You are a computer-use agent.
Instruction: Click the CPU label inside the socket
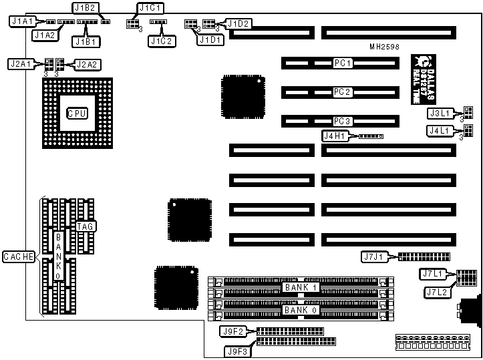click(x=77, y=113)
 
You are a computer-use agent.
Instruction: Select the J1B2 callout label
click(x=86, y=8)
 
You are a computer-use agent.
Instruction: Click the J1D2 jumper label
click(x=238, y=23)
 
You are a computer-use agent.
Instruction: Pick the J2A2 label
click(x=88, y=64)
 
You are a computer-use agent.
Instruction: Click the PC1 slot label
click(x=343, y=63)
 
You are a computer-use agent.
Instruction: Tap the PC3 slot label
click(x=343, y=122)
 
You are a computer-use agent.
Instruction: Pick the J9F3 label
click(x=237, y=349)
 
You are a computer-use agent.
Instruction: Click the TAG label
click(x=86, y=226)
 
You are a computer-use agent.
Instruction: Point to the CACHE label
click(x=18, y=256)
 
